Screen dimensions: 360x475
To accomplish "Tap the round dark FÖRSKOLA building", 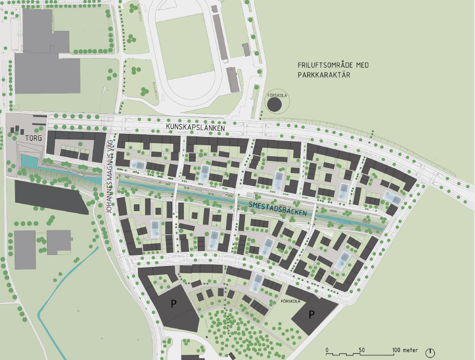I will click(275, 104).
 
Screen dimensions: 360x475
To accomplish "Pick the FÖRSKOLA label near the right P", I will click(290, 301).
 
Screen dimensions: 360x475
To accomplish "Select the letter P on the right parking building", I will click(312, 315).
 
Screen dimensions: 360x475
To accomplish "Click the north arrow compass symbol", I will click(430, 353).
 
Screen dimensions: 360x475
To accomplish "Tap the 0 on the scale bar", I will click(327, 350).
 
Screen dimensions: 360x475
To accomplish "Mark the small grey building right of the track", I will click(246, 50).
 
